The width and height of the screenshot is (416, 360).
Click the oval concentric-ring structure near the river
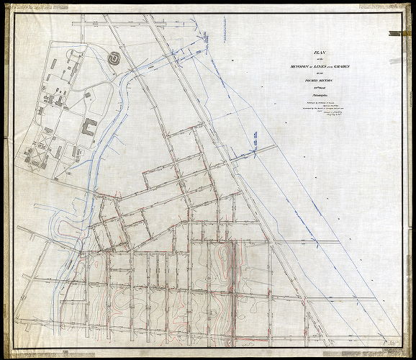point(114,57)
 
